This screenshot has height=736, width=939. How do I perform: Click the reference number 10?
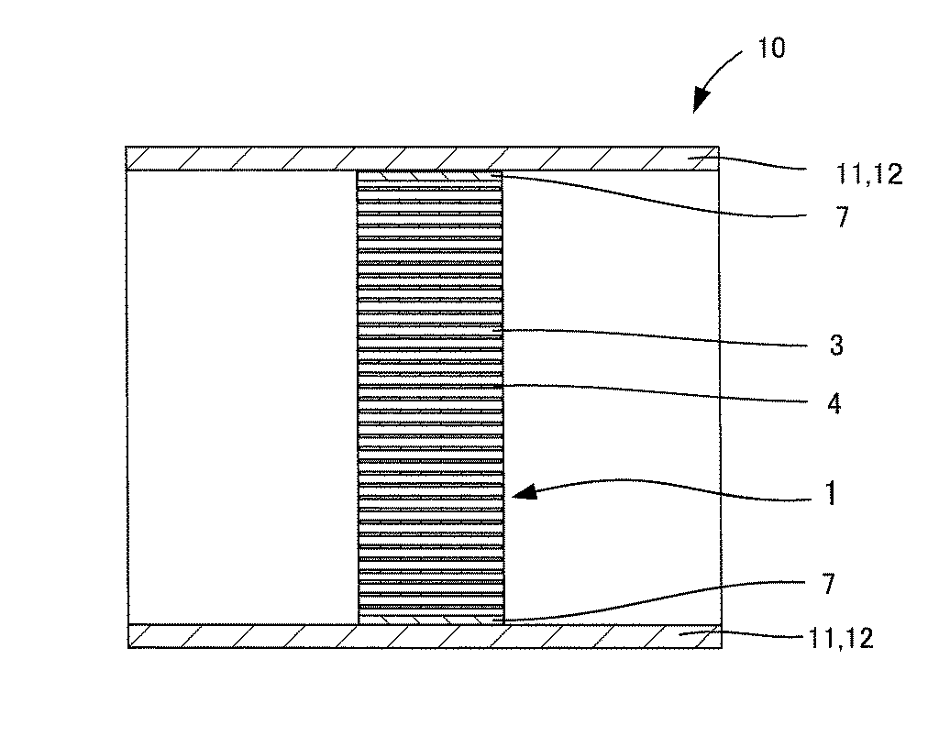pyautogui.click(x=771, y=48)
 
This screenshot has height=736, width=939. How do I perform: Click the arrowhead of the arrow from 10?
pyautogui.click(x=701, y=101)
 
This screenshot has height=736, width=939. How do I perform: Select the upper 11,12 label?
pyautogui.click(x=869, y=174)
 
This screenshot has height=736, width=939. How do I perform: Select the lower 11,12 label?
pyautogui.click(x=841, y=639)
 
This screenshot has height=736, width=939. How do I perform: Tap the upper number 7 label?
pyautogui.click(x=843, y=216)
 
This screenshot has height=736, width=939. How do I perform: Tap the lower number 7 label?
pyautogui.click(x=828, y=584)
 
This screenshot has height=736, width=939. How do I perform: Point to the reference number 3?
pyautogui.click(x=836, y=346)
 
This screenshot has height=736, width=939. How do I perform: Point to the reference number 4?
pyautogui.click(x=834, y=404)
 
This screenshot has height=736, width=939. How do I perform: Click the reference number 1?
pyautogui.click(x=831, y=494)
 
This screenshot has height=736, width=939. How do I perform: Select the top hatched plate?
pyautogui.click(x=422, y=159)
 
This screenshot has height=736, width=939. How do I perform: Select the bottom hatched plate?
pyautogui.click(x=425, y=636)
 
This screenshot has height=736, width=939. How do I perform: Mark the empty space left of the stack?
pyautogui.click(x=242, y=397)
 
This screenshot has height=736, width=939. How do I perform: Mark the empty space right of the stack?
pyautogui.click(x=612, y=397)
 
